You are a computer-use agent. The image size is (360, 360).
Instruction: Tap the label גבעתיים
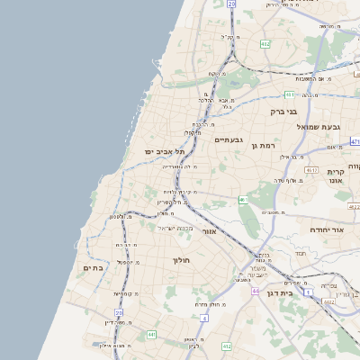click(x=229, y=139)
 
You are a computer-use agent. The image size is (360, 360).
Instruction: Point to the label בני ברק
click(x=283, y=112)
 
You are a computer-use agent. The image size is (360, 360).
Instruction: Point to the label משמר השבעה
click(x=256, y=270)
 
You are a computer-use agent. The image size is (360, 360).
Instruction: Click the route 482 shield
click(x=265, y=43)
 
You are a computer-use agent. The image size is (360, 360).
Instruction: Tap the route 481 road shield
click(x=290, y=94)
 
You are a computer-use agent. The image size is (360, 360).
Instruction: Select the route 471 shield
click(x=355, y=141)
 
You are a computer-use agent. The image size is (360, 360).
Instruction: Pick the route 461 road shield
click(x=311, y=169)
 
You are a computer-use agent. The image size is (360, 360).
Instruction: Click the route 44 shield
click(x=256, y=292)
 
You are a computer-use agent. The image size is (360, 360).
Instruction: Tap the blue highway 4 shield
click(x=205, y=318)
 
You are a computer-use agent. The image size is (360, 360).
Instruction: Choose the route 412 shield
click(x=227, y=346)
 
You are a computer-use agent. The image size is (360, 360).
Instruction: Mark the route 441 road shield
click(x=151, y=335)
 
